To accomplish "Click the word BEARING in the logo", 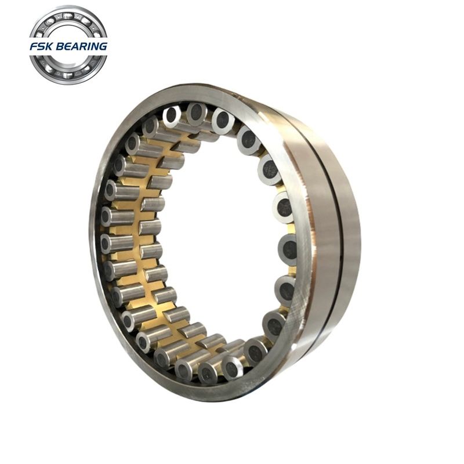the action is (x=81, y=46).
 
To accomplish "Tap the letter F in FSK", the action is (x=34, y=46).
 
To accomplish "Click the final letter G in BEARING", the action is (x=103, y=46).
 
